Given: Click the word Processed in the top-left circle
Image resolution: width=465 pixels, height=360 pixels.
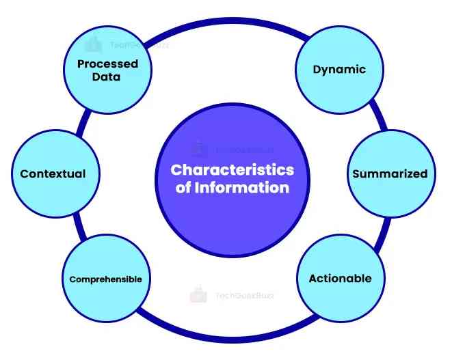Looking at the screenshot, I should coord(107,64).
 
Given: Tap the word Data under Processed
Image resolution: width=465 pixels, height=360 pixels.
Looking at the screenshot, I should coord(107,77).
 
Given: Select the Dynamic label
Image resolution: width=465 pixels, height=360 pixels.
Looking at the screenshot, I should coord(339,69).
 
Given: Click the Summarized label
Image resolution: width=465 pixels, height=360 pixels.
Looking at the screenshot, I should coord(389,174).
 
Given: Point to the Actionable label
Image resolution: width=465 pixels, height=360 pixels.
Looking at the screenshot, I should coord(340,278).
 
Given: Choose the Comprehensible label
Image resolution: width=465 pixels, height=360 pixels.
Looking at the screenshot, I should coord(105,279).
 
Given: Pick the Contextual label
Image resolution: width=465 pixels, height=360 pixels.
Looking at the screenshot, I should coord(53,174).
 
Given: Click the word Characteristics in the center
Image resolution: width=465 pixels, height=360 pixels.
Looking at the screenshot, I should coord(232,169).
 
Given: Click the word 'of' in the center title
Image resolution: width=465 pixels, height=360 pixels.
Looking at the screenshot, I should coord(183,187).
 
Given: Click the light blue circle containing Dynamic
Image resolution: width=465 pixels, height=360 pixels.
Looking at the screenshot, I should coord(339,48).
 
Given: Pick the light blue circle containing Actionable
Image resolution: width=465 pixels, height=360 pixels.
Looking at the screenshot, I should coord(340,301).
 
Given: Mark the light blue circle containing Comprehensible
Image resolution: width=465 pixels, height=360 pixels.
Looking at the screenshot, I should coord(105,301).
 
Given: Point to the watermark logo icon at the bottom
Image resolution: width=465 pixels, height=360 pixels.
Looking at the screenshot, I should coord(198,294).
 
